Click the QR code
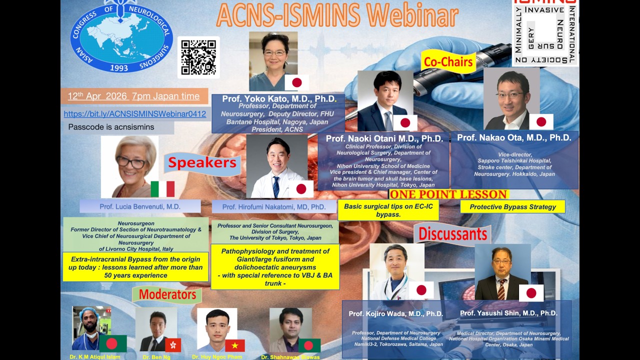[x=198, y=57]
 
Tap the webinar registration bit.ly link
[x=135, y=114]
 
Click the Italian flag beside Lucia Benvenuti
[x=162, y=189]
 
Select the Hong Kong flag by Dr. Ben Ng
[x=173, y=345]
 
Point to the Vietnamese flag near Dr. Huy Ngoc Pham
[x=234, y=345]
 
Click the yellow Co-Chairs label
[x=448, y=62]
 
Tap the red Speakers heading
[x=202, y=163]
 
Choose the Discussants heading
[x=452, y=234]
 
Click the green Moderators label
[x=167, y=294]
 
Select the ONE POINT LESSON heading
[x=448, y=194]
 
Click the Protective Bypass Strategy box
[x=512, y=206]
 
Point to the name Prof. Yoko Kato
[x=279, y=98]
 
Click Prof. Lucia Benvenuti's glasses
[x=130, y=162]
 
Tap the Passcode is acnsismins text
[x=111, y=127]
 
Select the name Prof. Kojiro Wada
[x=395, y=313]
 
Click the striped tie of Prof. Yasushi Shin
[x=501, y=289]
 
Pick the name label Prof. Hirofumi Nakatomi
[x=273, y=206]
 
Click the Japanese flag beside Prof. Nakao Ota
[x=541, y=121]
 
